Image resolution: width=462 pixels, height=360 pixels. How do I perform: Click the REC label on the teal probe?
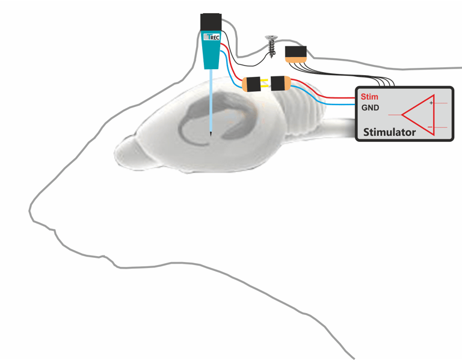pyautogui.click(x=214, y=37)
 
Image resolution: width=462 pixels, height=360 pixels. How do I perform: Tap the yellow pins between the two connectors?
pyautogui.click(x=266, y=84)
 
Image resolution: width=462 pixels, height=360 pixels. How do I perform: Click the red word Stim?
pyautogui.click(x=369, y=97)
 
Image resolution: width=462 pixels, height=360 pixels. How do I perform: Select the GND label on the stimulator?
pyautogui.click(x=369, y=108)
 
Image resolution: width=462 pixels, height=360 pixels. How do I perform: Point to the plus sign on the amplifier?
pyautogui.click(x=431, y=103)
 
